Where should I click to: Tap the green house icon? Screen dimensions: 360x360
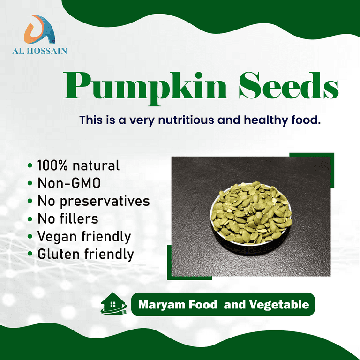tap(112, 303)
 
